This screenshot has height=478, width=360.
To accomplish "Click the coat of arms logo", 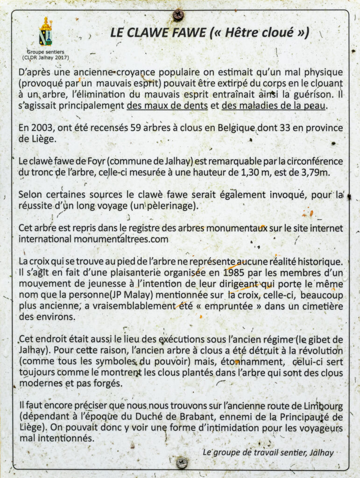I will (45, 32).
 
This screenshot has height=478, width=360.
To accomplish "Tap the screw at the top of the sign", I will (178, 15).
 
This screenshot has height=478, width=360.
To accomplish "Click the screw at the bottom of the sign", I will (182, 463).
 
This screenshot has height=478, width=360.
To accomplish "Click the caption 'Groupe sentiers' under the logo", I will (45, 52).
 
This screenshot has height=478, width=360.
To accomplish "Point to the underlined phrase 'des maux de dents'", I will (167, 105).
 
